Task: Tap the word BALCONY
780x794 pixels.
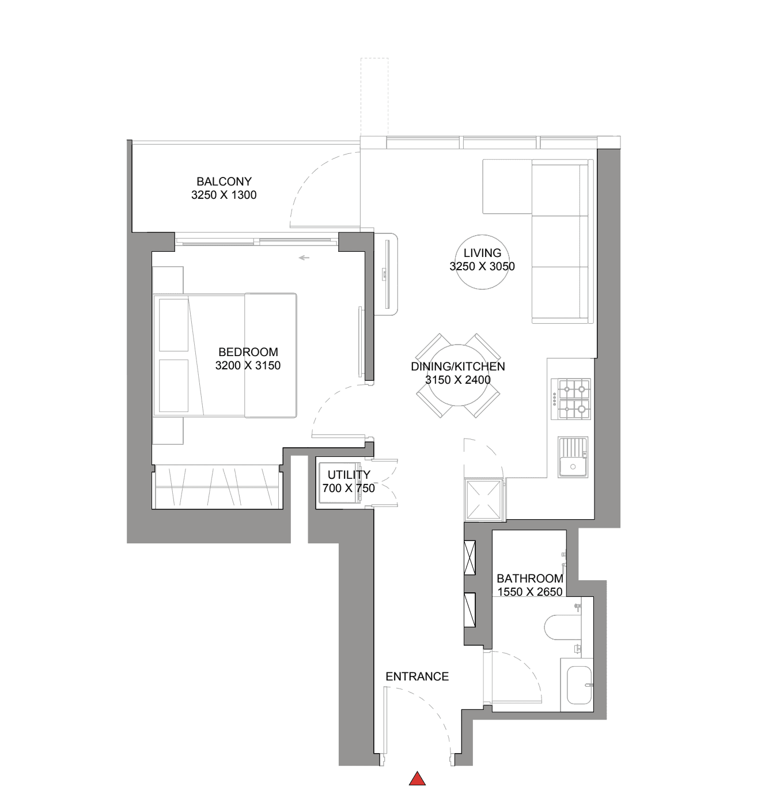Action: pyautogui.click(x=224, y=182)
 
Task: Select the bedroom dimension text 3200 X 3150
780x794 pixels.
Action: pyautogui.click(x=248, y=365)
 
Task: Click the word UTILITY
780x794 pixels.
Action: pyautogui.click(x=349, y=474)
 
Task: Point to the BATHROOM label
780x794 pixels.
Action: pyautogui.click(x=530, y=578)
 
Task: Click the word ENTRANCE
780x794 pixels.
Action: pyautogui.click(x=417, y=676)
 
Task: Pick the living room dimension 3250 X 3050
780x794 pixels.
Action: pyautogui.click(x=482, y=266)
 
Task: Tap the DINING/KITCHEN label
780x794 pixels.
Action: pyautogui.click(x=458, y=366)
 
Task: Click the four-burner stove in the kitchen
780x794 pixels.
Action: pyautogui.click(x=571, y=399)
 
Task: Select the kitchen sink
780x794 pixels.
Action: pyautogui.click(x=573, y=458)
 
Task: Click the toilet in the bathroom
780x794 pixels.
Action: pyautogui.click(x=562, y=628)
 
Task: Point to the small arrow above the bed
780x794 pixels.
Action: pyautogui.click(x=304, y=258)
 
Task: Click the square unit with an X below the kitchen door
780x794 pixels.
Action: pyautogui.click(x=484, y=499)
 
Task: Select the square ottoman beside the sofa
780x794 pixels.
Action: pyautogui.click(x=507, y=186)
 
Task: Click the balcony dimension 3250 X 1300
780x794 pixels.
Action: pyautogui.click(x=224, y=195)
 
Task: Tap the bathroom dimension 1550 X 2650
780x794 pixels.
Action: pyautogui.click(x=530, y=592)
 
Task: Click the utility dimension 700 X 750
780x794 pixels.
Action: pyautogui.click(x=349, y=488)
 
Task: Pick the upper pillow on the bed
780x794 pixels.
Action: pyautogui.click(x=173, y=325)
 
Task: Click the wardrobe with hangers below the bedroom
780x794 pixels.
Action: pyautogui.click(x=218, y=487)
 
